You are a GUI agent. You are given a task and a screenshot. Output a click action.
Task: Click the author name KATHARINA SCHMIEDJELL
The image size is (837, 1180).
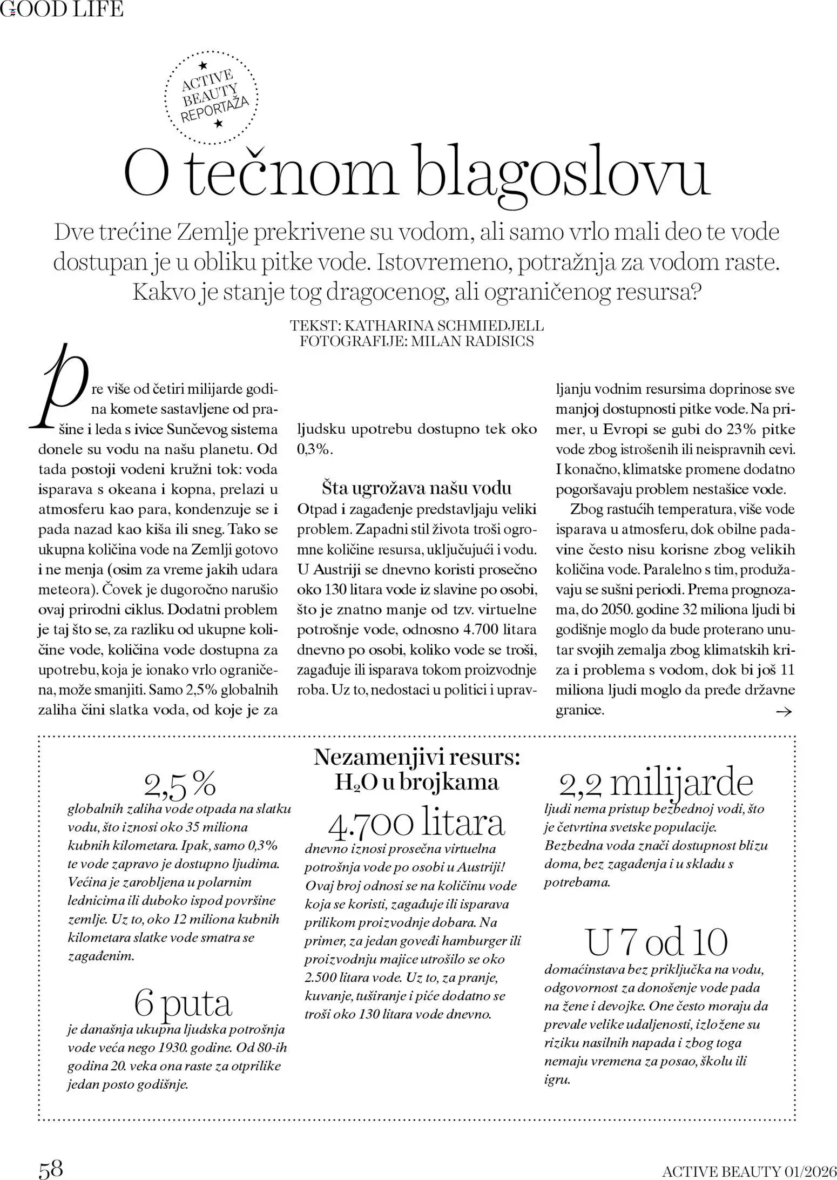(x=443, y=326)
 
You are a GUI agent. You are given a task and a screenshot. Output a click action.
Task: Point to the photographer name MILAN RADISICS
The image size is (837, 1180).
(x=473, y=341)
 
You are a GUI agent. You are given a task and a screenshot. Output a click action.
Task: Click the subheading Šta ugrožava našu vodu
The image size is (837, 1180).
(x=416, y=488)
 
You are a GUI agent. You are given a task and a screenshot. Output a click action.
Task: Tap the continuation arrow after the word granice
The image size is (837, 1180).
(x=783, y=712)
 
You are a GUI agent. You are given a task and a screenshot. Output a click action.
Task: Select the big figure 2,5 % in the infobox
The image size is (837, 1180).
(x=180, y=785)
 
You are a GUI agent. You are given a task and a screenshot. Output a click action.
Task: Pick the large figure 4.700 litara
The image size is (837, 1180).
(x=416, y=823)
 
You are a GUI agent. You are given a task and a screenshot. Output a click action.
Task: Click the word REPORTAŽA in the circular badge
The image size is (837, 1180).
(x=214, y=109)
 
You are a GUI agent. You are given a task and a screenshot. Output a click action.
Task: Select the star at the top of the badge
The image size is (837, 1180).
(x=202, y=65)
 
